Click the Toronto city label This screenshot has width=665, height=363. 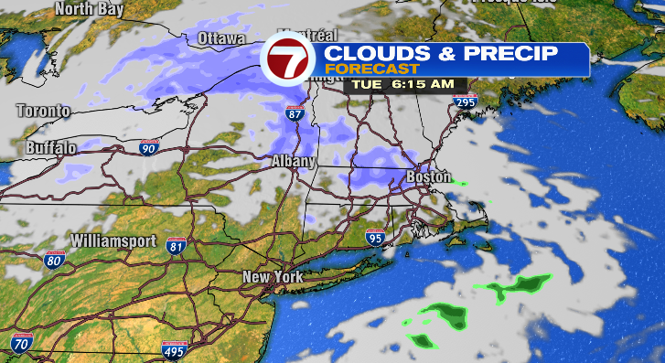(x=43, y=111)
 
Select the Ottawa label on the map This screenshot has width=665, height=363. (x=221, y=39)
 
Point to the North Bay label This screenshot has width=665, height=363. (x=90, y=9)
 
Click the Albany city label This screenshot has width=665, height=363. (x=293, y=161)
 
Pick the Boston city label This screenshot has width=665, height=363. (x=428, y=176)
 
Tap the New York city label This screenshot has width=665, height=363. (x=272, y=276)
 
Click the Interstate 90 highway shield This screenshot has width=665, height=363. (x=150, y=146)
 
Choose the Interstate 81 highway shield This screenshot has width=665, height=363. (x=177, y=245)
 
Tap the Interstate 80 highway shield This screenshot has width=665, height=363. (x=54, y=261)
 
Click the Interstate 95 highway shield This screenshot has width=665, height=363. (x=375, y=238)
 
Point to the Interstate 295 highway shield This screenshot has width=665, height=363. (x=465, y=103)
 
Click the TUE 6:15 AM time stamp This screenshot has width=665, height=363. (x=405, y=84)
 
